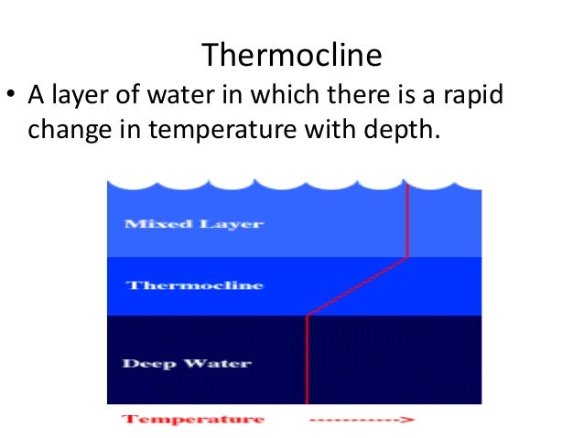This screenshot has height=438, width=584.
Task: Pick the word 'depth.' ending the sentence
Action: [x=402, y=129]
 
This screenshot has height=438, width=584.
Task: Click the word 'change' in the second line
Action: [x=66, y=129]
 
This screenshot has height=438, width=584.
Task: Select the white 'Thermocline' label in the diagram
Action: [x=194, y=285]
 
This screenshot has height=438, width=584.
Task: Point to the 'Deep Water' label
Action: [x=187, y=363]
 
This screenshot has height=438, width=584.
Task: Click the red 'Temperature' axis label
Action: [x=193, y=420]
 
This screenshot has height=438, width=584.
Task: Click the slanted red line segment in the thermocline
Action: [x=357, y=286]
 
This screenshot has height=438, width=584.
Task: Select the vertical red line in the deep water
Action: [x=307, y=361]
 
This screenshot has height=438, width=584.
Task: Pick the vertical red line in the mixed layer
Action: [x=406, y=219]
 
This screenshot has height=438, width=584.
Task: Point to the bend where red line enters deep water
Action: [x=307, y=316]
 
